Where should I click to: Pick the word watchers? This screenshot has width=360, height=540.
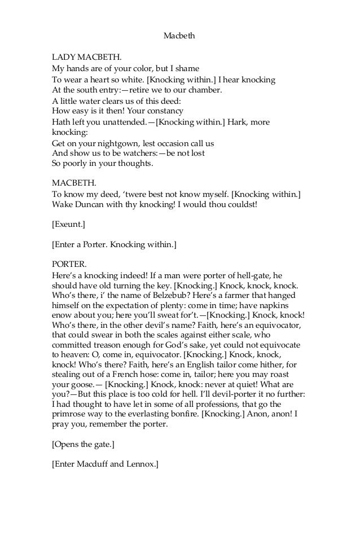tap(142, 153)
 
